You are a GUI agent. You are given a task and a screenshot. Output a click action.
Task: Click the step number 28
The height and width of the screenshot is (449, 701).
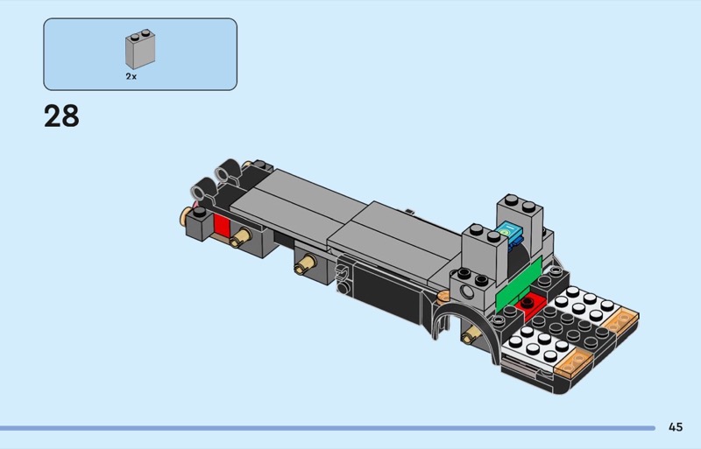tap(61, 116)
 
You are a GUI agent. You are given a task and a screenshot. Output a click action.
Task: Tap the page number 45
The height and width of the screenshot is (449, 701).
tap(676, 427)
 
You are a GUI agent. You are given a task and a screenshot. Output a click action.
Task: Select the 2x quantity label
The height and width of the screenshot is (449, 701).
tap(131, 76)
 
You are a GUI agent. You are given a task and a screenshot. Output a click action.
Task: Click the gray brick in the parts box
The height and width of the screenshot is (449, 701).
tap(140, 49)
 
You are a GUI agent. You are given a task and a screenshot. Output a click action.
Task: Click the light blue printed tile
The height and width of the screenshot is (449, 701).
tap(510, 232)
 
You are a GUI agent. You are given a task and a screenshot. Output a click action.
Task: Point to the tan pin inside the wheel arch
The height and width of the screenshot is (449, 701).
tap(471, 334)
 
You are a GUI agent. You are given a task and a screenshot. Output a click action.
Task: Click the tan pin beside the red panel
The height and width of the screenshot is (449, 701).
tap(240, 237)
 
